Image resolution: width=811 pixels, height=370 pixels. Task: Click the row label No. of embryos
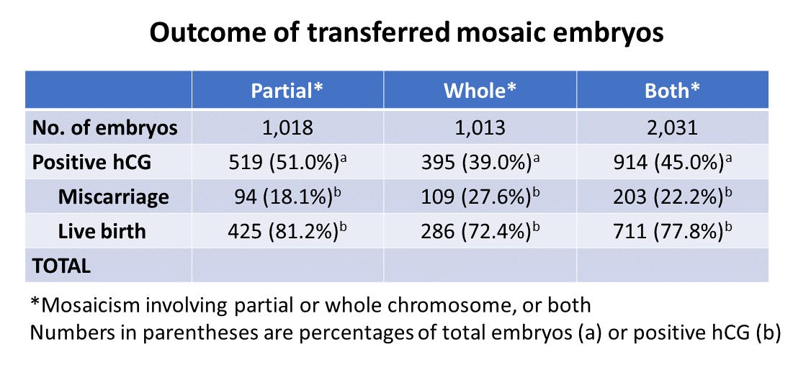(x=104, y=127)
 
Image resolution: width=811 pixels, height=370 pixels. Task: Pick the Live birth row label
(x=102, y=230)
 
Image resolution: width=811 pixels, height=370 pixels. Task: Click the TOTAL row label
(x=61, y=265)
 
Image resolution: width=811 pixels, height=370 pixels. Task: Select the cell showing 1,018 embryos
(x=287, y=127)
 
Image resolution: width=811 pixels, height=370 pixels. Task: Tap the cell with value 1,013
(x=479, y=127)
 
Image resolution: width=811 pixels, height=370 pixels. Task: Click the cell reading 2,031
(x=672, y=127)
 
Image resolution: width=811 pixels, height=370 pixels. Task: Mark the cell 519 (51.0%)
(x=287, y=161)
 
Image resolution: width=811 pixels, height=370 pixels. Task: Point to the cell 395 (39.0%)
(x=479, y=161)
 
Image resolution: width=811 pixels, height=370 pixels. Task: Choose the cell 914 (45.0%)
(x=672, y=161)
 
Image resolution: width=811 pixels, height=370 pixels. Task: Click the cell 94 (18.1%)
(x=287, y=196)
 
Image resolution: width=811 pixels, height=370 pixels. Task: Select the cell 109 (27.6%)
(x=479, y=196)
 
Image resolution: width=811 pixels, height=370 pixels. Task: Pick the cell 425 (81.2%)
(x=287, y=230)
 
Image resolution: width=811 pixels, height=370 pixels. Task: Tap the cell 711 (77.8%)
(x=672, y=230)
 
